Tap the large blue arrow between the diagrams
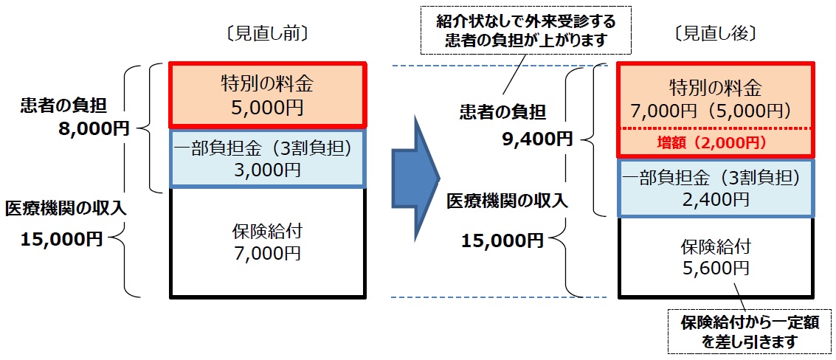point(416,178)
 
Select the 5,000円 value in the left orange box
point(267,107)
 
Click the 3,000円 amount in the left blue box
point(267,170)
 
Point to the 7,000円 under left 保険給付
point(267,252)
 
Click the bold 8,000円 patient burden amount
point(94,128)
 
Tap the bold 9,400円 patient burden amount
point(537,139)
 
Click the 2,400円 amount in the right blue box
point(716,199)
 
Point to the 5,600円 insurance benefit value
point(716,267)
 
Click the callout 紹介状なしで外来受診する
point(526,22)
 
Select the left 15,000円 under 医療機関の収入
point(61,239)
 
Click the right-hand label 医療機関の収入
point(507,201)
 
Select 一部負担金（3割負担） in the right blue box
point(716,178)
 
